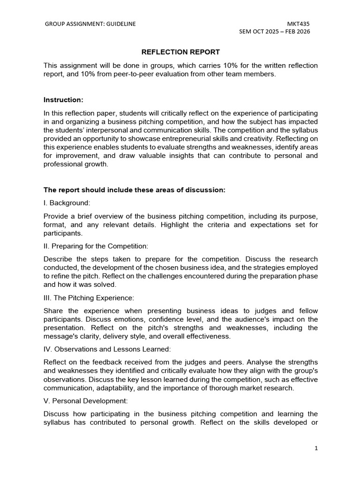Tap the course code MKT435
coord(298,24)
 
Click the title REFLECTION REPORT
coord(180,52)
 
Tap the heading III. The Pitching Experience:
coord(89,298)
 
